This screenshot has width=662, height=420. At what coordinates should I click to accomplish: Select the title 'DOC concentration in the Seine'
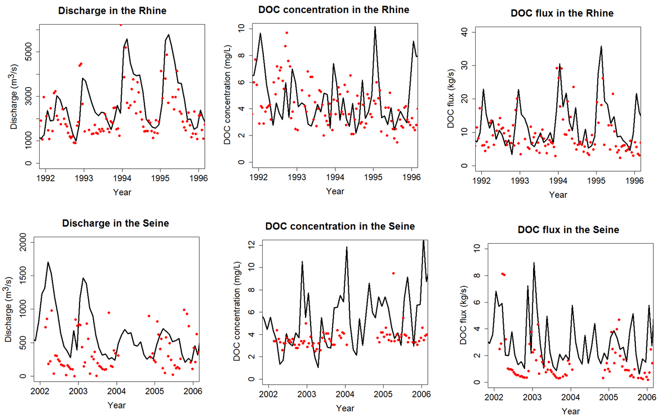pos(340,227)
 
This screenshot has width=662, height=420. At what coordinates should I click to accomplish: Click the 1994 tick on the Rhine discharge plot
pos(122,177)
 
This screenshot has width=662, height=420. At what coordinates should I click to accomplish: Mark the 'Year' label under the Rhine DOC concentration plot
pos(335,191)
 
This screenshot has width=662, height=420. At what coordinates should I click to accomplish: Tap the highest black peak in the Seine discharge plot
pos(48,262)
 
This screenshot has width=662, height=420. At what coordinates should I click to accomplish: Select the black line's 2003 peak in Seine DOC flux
pos(534,263)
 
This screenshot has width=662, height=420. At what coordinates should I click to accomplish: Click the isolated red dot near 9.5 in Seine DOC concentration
pos(393,273)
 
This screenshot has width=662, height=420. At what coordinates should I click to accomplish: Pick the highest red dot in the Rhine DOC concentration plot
pos(286,33)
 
